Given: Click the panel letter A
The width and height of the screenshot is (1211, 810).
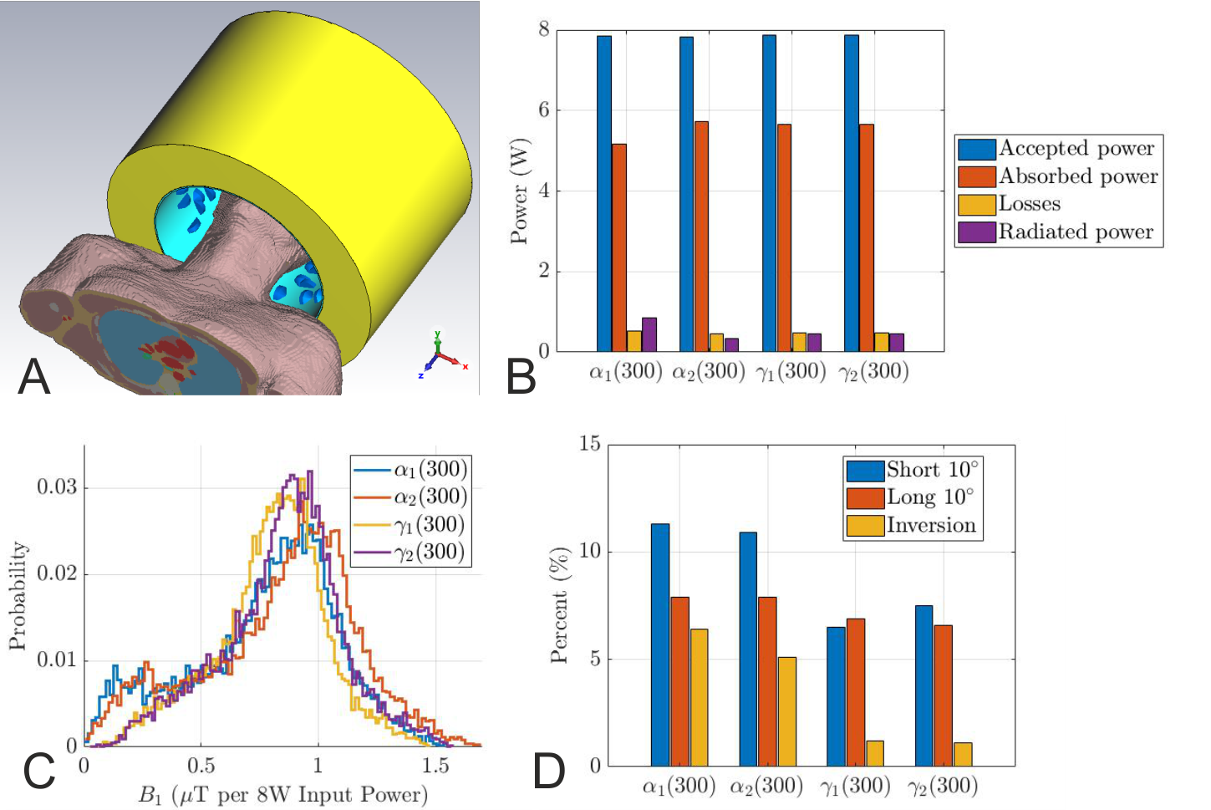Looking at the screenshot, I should click(34, 376).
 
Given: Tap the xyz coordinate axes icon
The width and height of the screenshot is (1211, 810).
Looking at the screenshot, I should click(440, 355).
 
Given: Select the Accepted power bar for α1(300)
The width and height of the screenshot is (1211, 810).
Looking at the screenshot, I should click(603, 192).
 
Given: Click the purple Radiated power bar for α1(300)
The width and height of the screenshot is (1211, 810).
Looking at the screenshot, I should click(649, 334).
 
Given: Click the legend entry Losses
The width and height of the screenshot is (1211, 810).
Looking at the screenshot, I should click(1030, 204).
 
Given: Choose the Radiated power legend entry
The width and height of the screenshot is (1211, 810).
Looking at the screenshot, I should click(1076, 232).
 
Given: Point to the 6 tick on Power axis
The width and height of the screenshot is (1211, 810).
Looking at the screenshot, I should click(543, 110).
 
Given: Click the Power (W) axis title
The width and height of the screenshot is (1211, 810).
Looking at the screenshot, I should click(520, 191).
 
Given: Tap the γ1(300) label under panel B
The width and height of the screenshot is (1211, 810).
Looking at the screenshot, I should click(791, 371).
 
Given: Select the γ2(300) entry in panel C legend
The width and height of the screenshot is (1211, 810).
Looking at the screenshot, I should click(429, 552).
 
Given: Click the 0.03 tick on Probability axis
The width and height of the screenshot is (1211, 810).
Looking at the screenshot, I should click(57, 487).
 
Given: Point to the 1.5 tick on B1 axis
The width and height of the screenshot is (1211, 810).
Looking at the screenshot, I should click(435, 766).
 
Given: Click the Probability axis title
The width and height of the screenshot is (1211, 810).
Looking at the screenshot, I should click(18, 595).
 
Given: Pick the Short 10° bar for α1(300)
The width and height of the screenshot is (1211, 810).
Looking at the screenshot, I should click(660, 644).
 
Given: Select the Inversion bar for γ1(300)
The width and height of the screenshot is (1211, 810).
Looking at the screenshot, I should click(875, 753).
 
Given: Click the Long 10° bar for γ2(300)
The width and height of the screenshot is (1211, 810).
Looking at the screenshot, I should click(943, 695).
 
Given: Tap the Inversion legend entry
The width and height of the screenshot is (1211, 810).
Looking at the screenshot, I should click(931, 525).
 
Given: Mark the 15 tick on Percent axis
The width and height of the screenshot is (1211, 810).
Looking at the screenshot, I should click(590, 444).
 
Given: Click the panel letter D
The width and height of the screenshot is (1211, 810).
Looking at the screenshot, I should click(549, 772).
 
